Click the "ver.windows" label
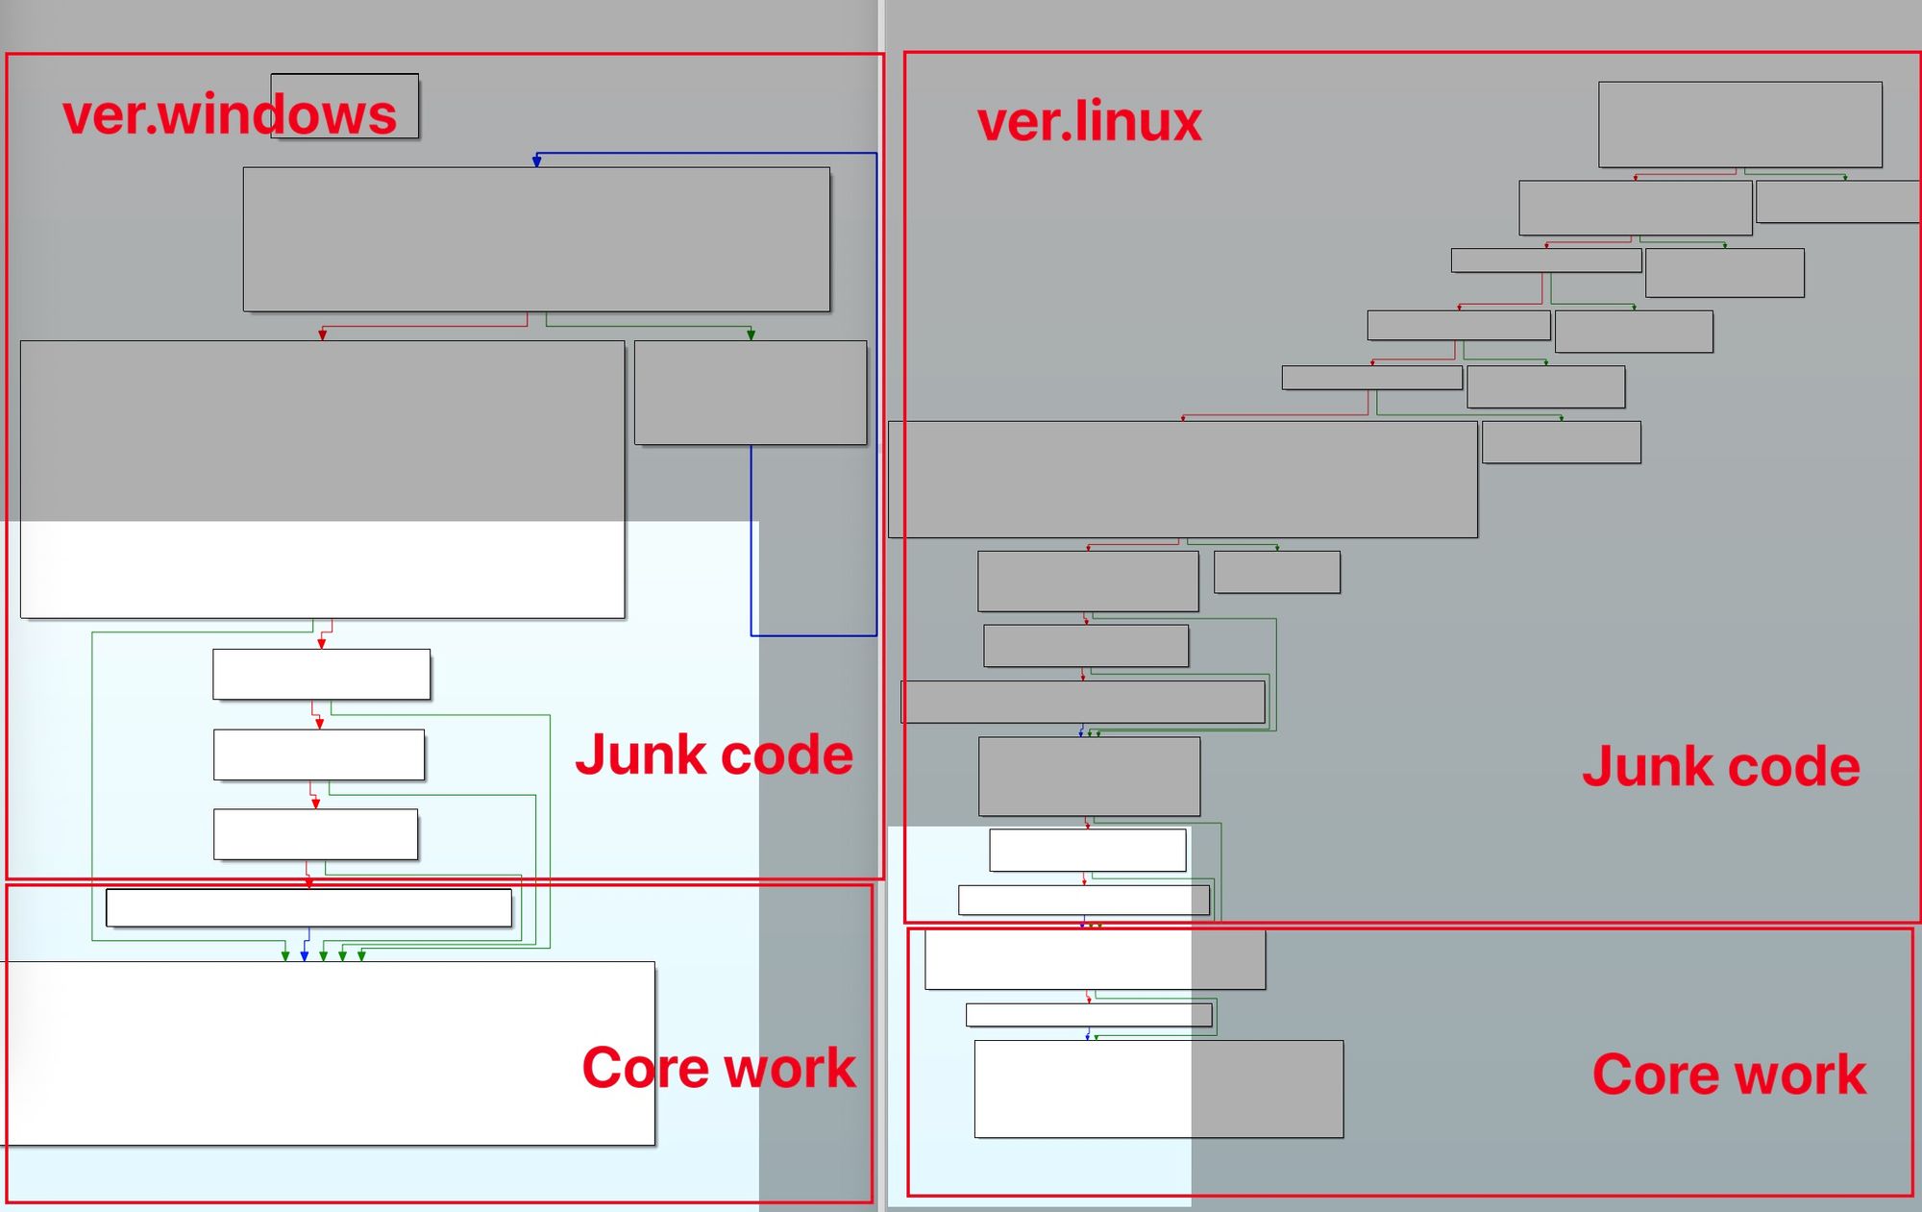(x=229, y=115)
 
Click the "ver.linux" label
(x=1089, y=122)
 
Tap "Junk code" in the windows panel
(x=714, y=755)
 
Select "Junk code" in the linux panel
(x=1720, y=767)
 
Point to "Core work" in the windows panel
(x=719, y=1068)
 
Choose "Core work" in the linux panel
(x=1729, y=1075)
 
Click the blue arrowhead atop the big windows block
(x=536, y=161)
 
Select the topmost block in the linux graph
(x=1739, y=124)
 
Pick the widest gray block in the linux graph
(x=1182, y=479)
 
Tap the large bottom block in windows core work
(x=327, y=1052)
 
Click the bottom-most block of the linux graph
(x=1158, y=1089)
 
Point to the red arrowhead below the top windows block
(x=323, y=334)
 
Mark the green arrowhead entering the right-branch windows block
(x=751, y=334)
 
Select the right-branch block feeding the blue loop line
(x=750, y=392)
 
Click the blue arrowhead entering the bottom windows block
(x=305, y=956)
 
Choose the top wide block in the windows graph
(x=536, y=239)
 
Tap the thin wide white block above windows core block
(x=308, y=907)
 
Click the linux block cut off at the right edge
(x=1837, y=202)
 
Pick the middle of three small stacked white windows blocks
(x=318, y=754)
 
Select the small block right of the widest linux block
(x=1561, y=442)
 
